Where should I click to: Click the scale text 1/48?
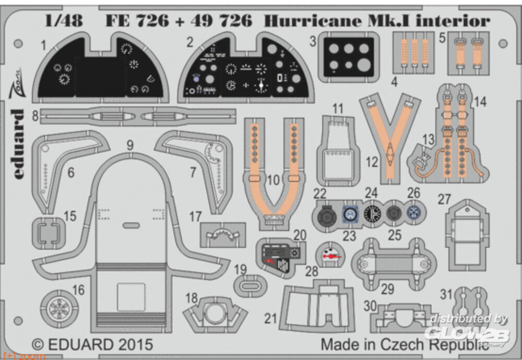(x=64, y=21)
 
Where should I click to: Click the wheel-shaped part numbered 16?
(x=58, y=308)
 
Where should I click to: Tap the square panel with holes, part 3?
(x=348, y=57)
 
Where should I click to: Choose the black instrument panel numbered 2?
(x=245, y=70)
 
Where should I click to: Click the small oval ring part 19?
(x=250, y=285)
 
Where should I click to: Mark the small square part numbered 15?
(x=49, y=232)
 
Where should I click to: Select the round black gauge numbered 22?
(x=327, y=214)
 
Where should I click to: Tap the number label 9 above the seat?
(x=130, y=146)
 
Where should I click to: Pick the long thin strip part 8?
(x=130, y=116)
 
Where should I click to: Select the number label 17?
(x=195, y=217)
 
